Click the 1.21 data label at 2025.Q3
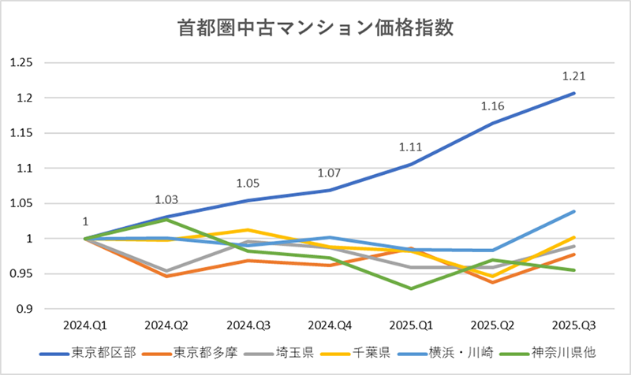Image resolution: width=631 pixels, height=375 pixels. [x=573, y=76]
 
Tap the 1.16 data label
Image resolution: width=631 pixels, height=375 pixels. [x=491, y=106]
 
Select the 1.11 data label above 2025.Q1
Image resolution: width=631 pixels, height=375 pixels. [x=410, y=147]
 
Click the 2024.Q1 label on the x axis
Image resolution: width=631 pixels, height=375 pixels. [x=84, y=324]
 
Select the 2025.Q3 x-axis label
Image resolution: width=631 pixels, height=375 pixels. [x=573, y=324]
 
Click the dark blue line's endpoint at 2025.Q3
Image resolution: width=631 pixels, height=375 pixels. [x=573, y=93]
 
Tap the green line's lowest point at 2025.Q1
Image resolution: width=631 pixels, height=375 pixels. [x=410, y=288]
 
